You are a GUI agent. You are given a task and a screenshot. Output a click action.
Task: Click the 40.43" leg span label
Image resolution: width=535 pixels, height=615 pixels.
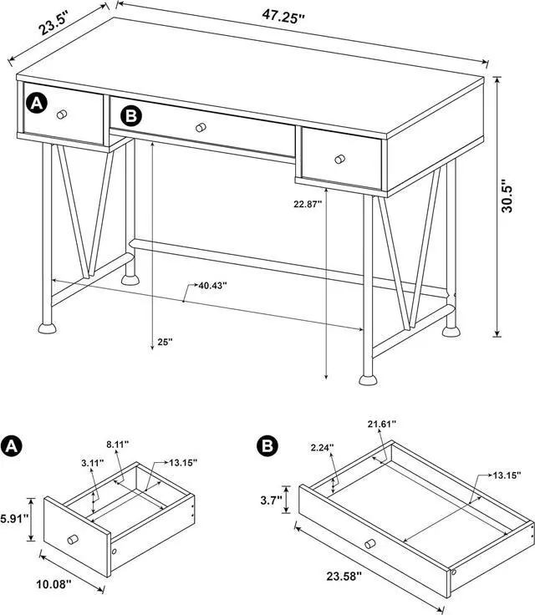coord(211,286)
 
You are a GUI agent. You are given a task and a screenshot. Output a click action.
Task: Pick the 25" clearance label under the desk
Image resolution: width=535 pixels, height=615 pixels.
coord(165,342)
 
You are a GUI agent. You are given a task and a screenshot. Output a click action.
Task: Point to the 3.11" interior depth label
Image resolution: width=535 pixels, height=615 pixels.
coord(92,461)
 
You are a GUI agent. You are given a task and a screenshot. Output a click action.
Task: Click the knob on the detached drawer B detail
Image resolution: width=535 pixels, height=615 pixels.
coord(369,545)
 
